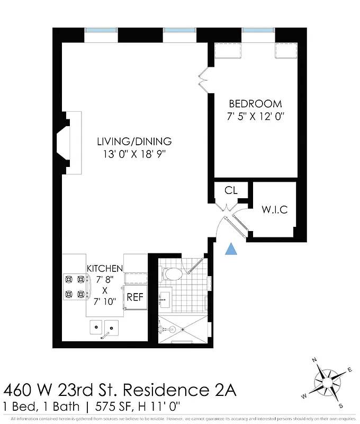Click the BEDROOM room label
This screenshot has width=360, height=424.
pyautogui.click(x=255, y=104)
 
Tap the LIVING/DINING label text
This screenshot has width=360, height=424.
pyautogui.click(x=134, y=142)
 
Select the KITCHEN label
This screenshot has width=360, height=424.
pyautogui.click(x=105, y=269)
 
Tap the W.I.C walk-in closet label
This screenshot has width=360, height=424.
pyautogui.click(x=274, y=209)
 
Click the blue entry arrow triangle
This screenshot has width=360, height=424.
pyautogui.click(x=231, y=249)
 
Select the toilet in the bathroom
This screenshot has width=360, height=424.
pyautogui.click(x=173, y=273)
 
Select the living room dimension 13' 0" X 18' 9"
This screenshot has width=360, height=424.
pyautogui.click(x=134, y=155)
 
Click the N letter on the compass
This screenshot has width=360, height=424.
pyautogui.click(x=314, y=361)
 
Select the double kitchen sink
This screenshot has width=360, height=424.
pyautogui.click(x=104, y=328)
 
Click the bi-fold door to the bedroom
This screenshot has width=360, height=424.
pyautogui.click(x=202, y=77)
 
